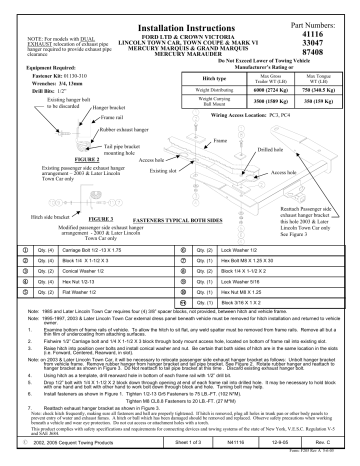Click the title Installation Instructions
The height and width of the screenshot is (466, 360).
(179, 18)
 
